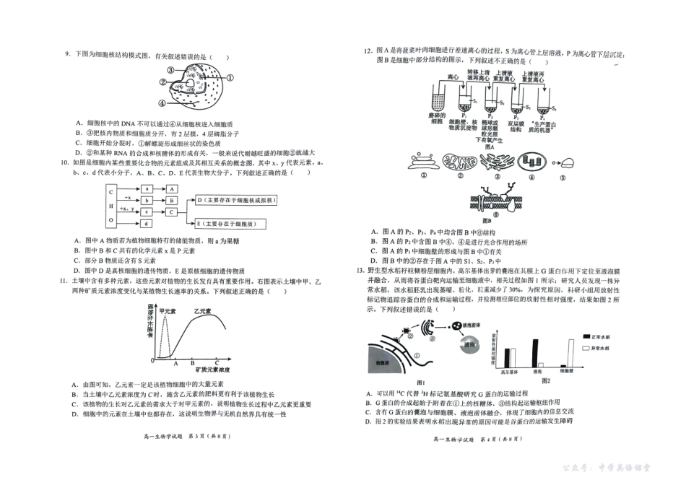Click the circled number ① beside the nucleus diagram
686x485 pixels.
pos(230,77)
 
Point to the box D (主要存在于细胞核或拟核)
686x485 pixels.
pos(239,200)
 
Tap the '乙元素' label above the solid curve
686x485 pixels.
pos(204,311)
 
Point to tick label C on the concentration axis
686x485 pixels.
pos(217,364)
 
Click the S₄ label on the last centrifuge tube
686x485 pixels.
pos(554,109)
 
